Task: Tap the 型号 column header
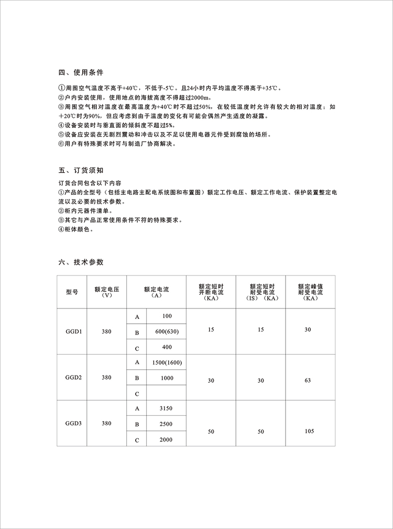point(72,292)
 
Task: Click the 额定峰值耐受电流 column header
point(310,292)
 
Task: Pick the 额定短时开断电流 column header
point(211,292)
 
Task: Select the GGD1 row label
point(72,332)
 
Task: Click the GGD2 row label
point(72,377)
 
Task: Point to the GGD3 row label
point(72,423)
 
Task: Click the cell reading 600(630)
point(167,332)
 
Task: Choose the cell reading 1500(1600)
point(167,362)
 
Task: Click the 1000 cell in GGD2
point(167,378)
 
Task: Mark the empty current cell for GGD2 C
point(167,393)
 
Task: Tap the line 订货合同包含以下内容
point(90,183)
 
